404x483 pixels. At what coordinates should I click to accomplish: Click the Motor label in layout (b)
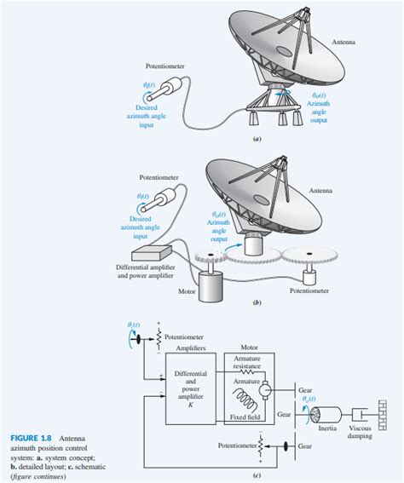click(x=188, y=290)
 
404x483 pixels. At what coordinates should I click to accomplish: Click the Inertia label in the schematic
click(x=327, y=428)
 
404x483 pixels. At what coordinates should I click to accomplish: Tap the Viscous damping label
click(x=360, y=432)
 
